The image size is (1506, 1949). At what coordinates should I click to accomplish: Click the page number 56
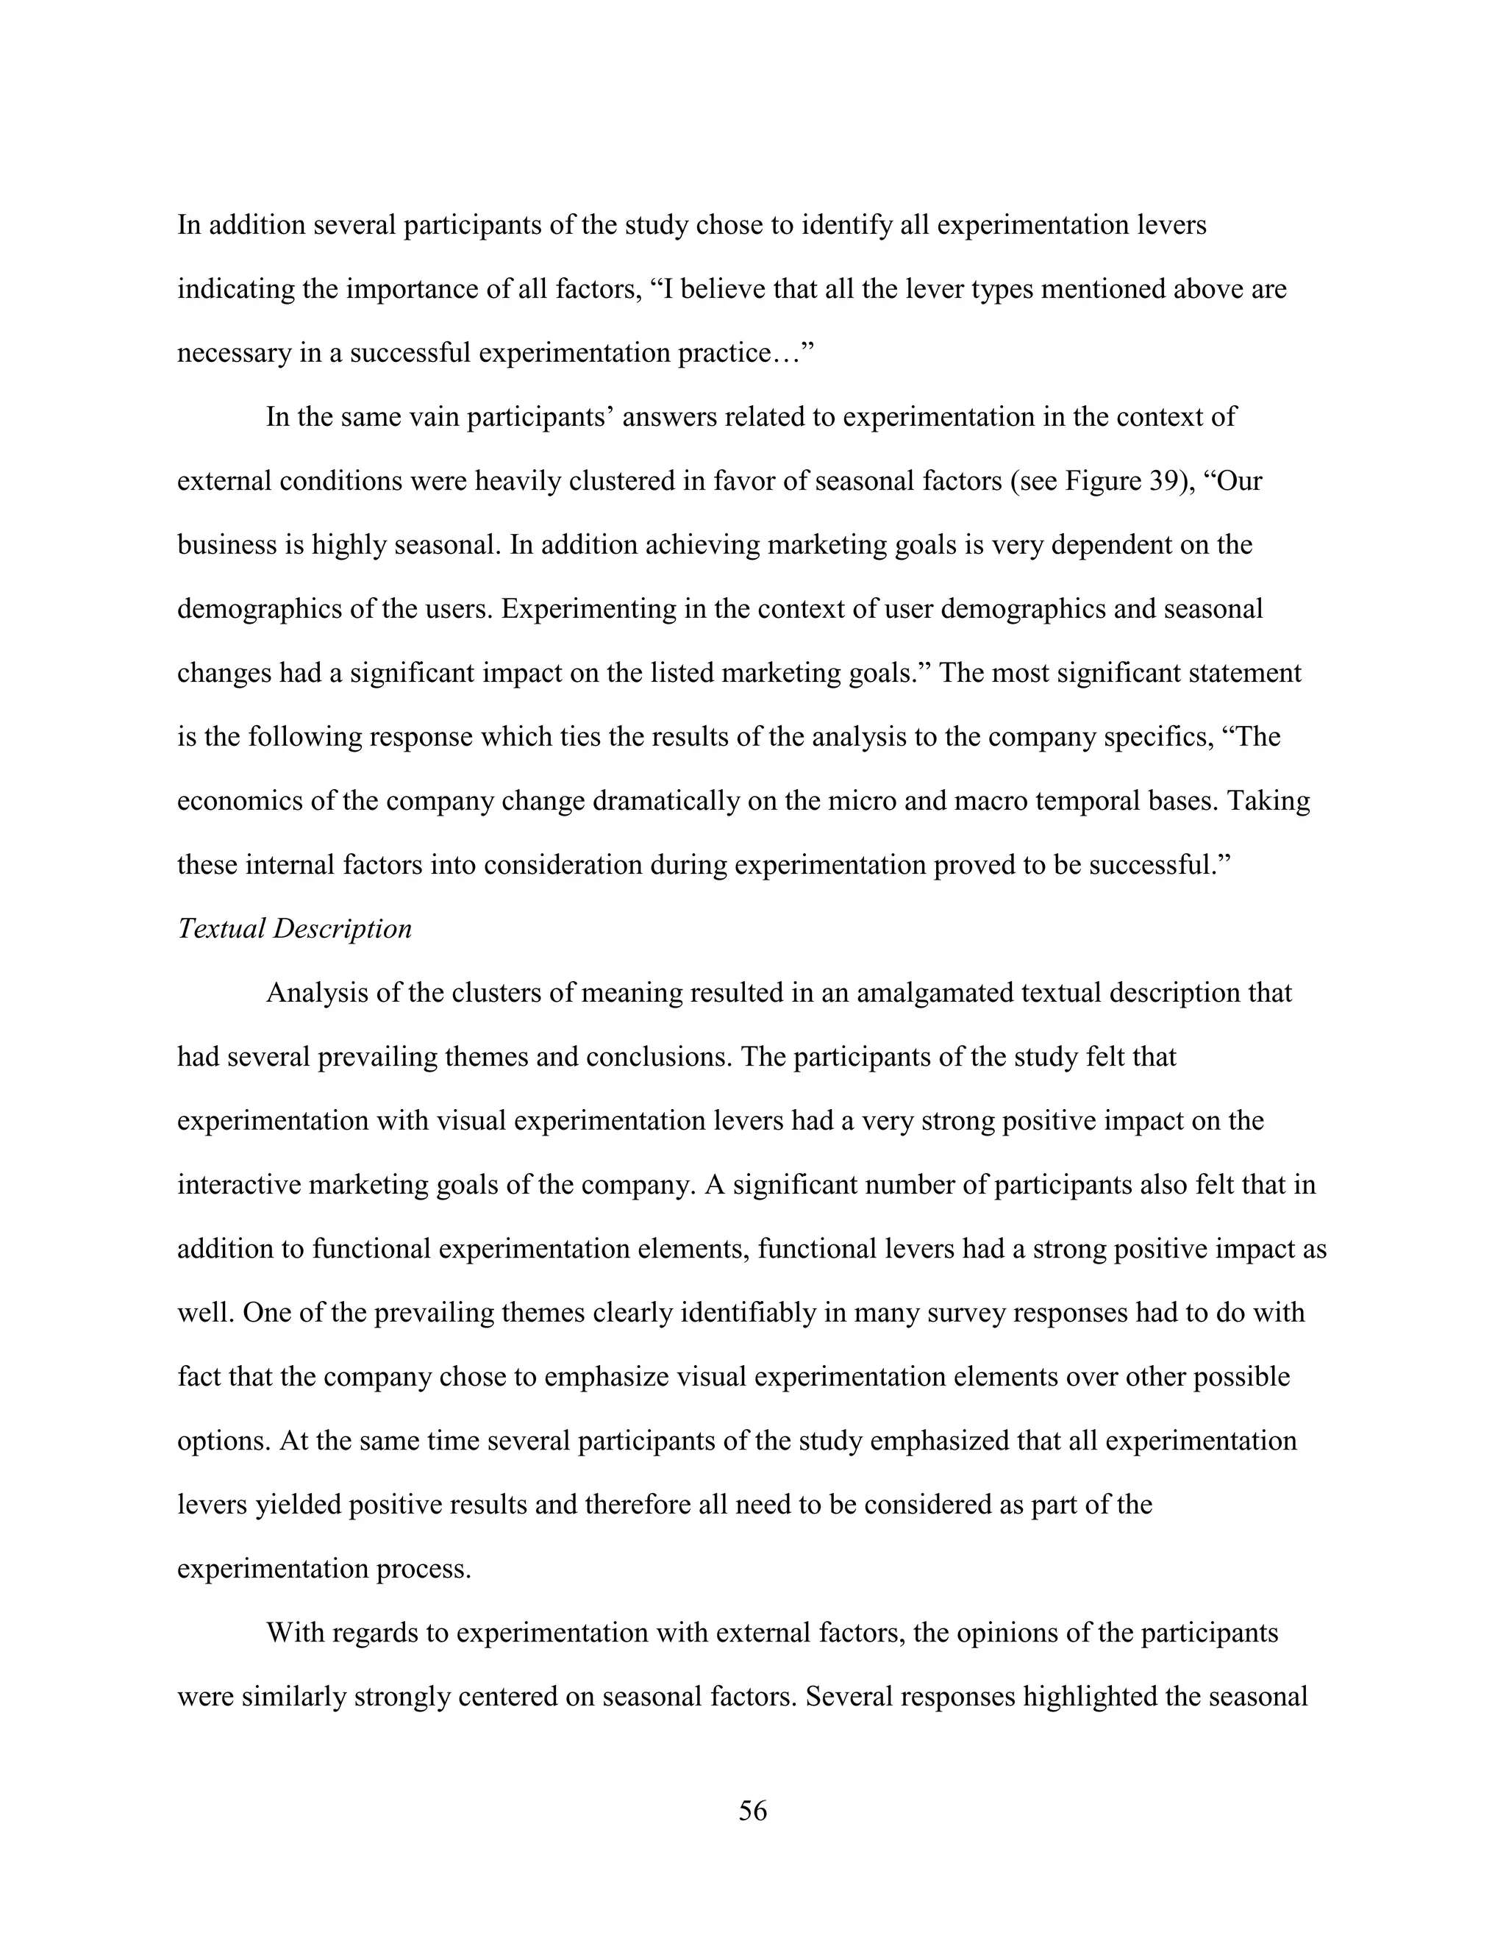752,1811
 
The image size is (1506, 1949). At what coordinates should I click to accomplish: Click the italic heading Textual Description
294,929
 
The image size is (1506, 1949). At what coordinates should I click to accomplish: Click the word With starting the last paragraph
293,1633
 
